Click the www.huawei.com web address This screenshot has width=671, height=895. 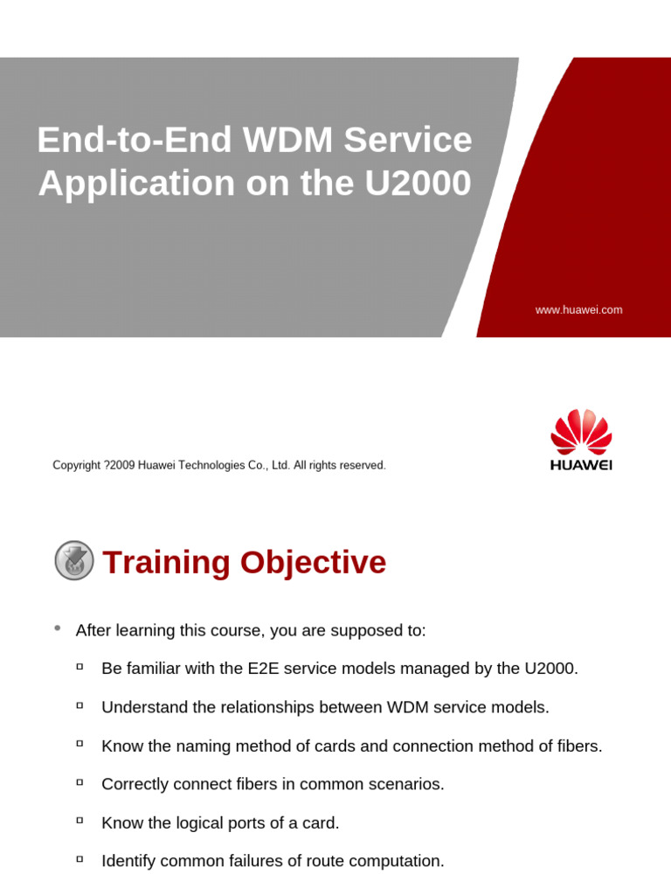pos(578,310)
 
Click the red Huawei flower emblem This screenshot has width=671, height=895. pos(581,431)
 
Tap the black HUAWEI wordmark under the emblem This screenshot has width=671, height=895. pos(581,465)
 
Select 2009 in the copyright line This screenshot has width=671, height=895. pos(121,466)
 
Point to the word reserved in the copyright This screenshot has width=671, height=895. pos(363,466)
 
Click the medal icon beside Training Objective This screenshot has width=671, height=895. pos(74,560)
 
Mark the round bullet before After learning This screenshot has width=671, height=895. pos(58,628)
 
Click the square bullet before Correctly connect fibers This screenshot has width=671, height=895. pos(80,783)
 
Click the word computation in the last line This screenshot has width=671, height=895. pos(399,861)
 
